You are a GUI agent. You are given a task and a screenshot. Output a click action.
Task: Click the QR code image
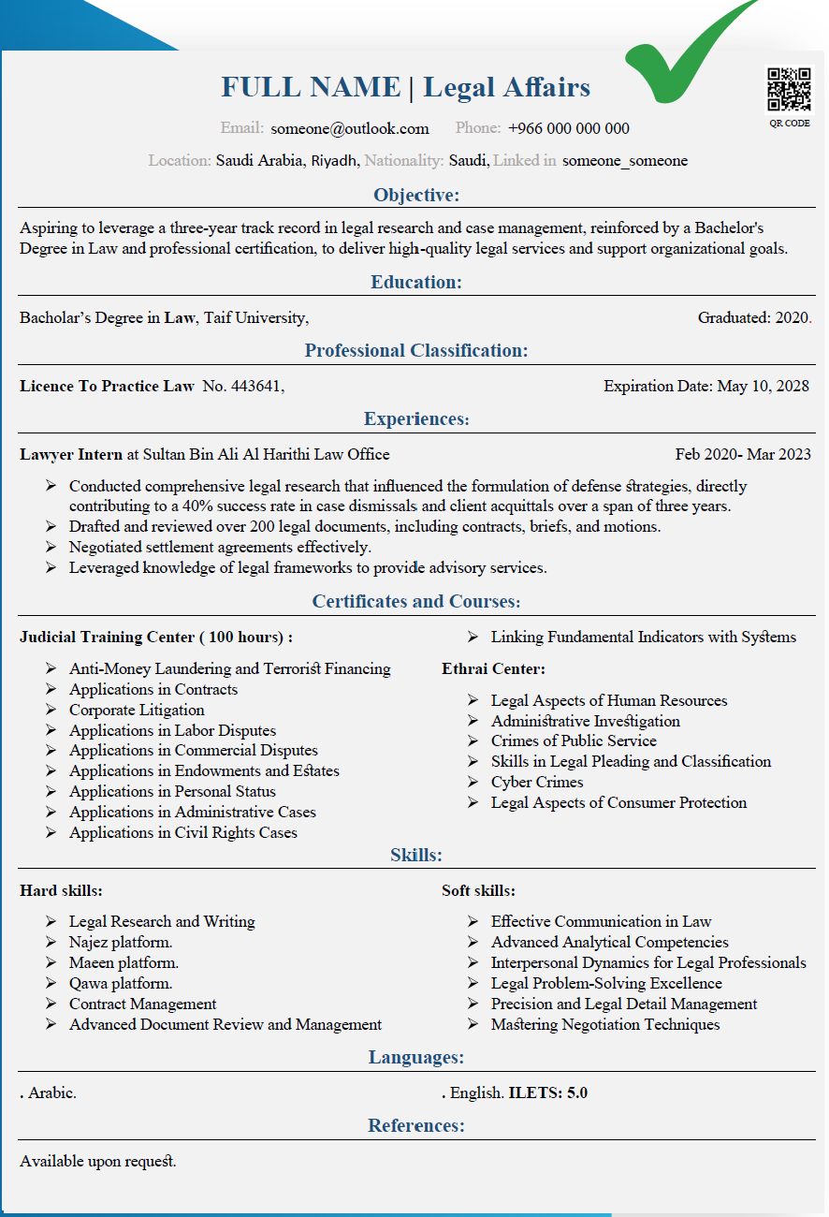789,91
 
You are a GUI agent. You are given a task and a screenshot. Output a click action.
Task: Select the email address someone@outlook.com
350,129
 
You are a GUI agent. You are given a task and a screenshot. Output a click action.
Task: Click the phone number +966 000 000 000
569,129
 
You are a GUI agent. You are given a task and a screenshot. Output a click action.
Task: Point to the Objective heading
416,195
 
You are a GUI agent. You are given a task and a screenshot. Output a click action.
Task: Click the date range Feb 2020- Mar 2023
743,455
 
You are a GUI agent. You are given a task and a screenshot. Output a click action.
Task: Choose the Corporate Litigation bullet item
137,710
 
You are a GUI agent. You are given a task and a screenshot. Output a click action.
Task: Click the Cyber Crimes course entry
537,783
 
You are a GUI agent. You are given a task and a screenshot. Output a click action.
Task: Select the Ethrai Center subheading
493,668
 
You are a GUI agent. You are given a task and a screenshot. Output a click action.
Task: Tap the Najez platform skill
121,942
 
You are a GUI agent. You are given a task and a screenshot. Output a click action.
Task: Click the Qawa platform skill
121,983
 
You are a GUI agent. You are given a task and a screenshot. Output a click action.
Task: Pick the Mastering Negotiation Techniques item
605,1024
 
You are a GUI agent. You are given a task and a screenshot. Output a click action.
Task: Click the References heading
416,1125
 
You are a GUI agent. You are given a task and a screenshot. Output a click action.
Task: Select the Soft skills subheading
478,891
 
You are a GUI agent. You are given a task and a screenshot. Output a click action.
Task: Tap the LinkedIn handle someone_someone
625,161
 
